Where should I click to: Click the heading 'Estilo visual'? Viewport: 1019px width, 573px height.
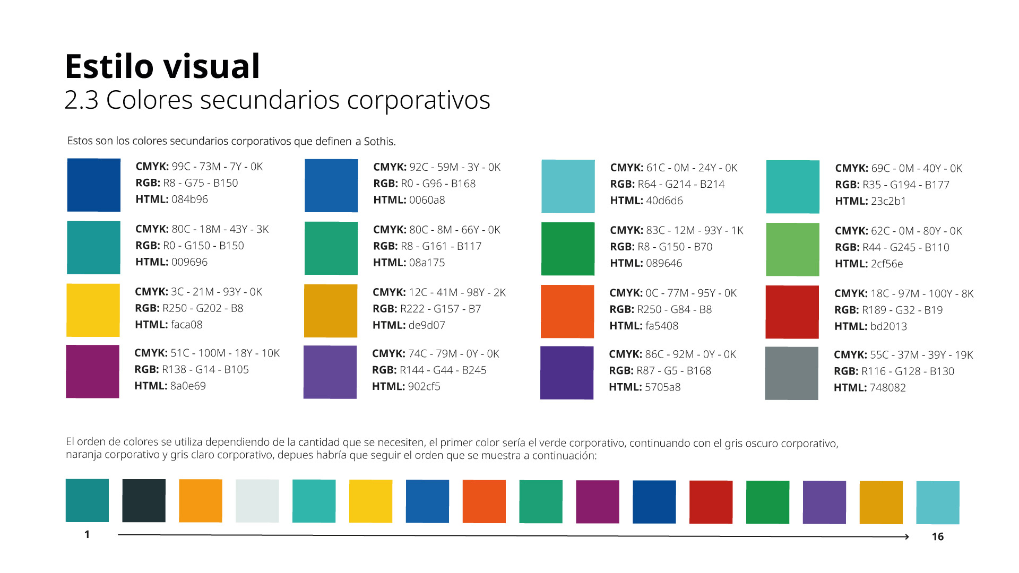[162, 67]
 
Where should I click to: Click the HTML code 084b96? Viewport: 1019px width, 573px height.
[189, 199]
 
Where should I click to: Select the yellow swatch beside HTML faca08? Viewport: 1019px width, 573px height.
[93, 310]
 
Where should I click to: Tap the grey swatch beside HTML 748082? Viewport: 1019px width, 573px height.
[791, 373]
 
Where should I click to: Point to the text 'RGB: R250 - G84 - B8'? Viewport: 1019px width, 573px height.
[660, 309]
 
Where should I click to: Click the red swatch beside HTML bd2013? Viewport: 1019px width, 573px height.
[792, 312]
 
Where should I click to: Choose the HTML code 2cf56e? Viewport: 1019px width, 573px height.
[886, 264]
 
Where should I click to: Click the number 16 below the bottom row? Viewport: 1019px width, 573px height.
[938, 536]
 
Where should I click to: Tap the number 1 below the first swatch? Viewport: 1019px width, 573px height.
[87, 534]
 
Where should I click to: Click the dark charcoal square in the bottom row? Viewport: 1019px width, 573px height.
[144, 501]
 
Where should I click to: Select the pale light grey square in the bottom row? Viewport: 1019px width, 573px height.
[257, 501]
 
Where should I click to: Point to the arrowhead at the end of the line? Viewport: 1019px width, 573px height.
[906, 537]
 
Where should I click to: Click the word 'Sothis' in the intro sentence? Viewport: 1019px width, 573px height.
[378, 142]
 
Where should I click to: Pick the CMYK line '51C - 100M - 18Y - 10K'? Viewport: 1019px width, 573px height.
[225, 353]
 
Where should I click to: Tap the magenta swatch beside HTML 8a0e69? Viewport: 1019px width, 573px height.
[92, 371]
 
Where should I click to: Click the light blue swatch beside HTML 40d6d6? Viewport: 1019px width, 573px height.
[568, 186]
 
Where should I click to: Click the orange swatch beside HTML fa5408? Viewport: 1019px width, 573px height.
[567, 311]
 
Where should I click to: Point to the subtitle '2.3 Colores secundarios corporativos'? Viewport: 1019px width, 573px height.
[277, 100]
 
